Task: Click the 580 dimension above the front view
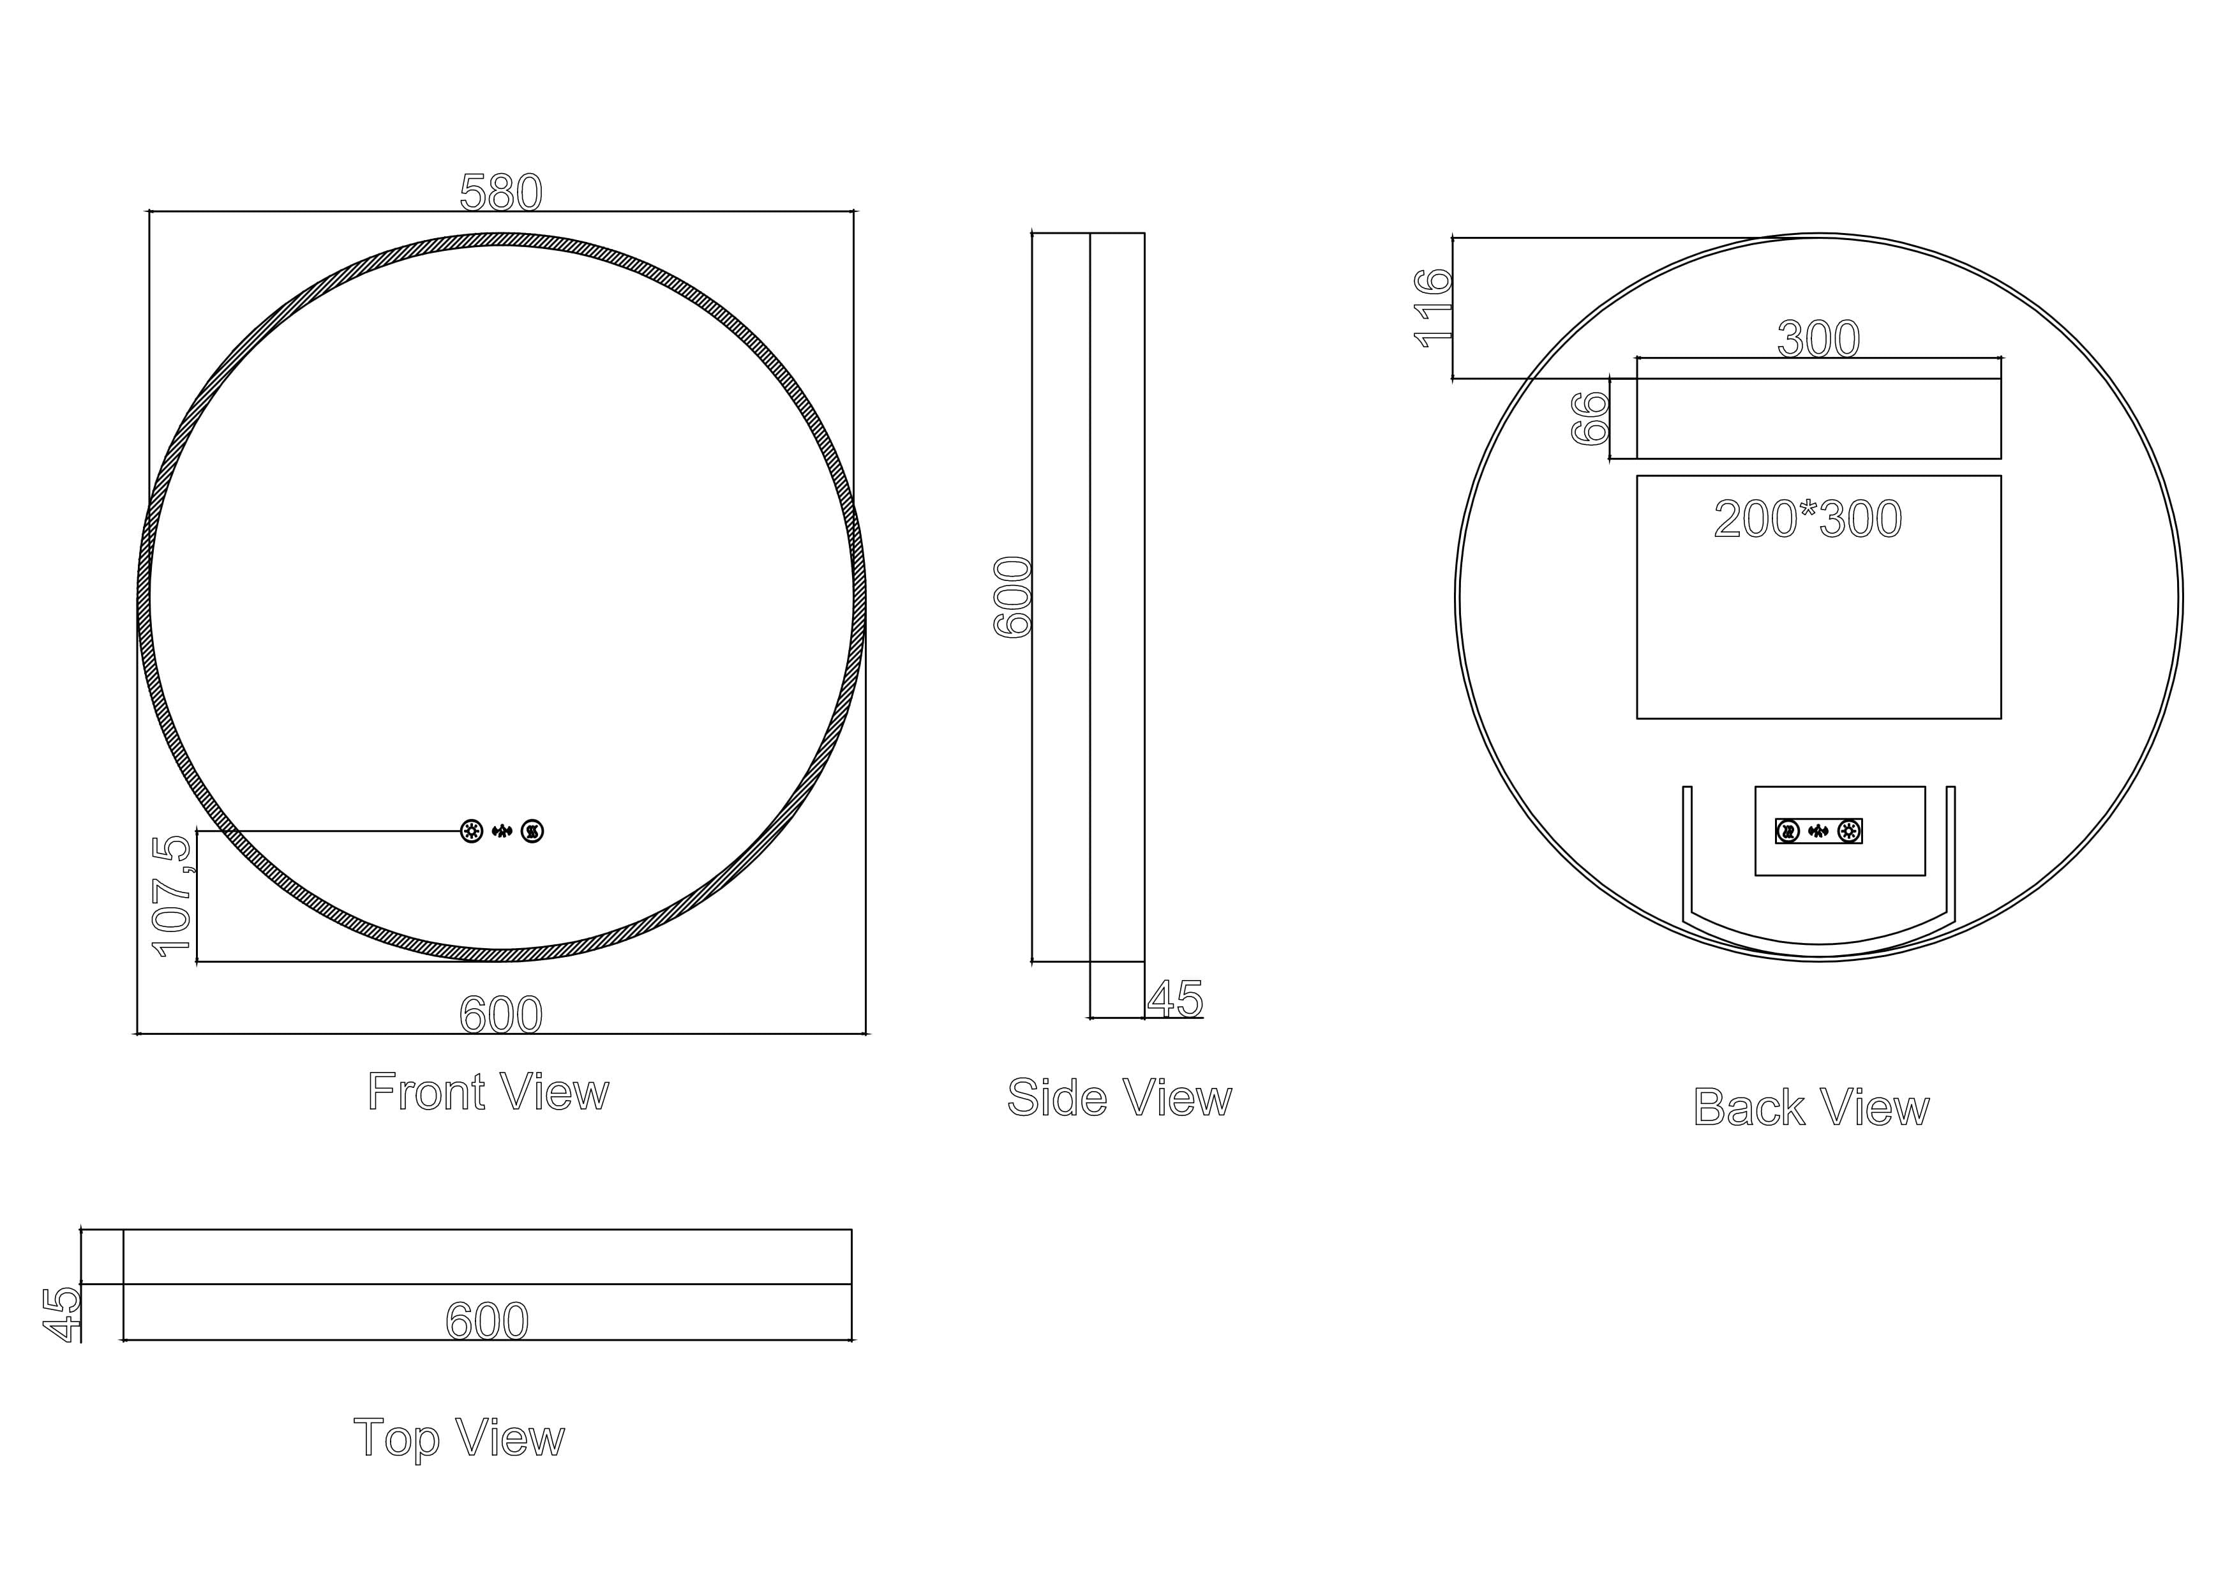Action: tap(500, 192)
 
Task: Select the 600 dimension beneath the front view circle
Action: tap(500, 1015)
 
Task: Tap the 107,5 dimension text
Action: tap(172, 896)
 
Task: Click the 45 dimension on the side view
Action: tap(1175, 998)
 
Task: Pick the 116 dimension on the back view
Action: tap(1432, 308)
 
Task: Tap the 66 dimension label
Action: tap(1589, 418)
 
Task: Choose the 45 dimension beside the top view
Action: tap(61, 1314)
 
